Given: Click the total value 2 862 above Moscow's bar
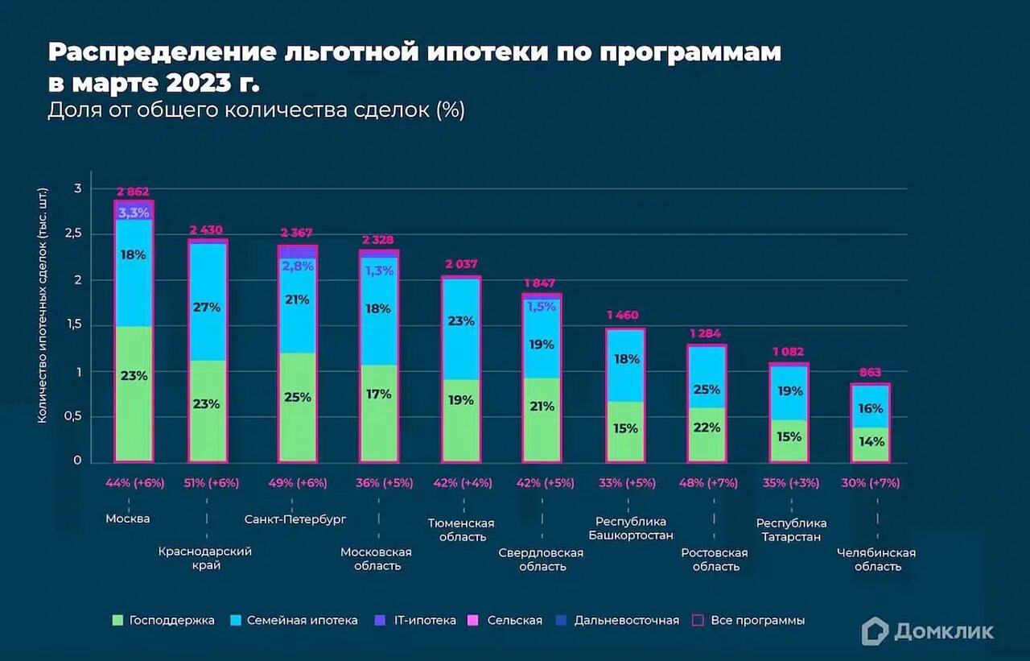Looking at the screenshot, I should (134, 192).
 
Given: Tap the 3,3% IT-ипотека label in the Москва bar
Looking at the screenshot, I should (134, 213).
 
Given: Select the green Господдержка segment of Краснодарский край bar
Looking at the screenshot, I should (207, 411).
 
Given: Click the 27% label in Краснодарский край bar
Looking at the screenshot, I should (207, 307).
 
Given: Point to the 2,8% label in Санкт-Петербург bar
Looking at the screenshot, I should (298, 266).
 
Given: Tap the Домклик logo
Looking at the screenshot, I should (927, 631).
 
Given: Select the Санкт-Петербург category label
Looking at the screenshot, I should (295, 519).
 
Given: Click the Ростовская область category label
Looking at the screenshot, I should (715, 560).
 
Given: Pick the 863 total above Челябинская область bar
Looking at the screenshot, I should (870, 372).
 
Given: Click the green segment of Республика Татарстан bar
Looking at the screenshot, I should (789, 440).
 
